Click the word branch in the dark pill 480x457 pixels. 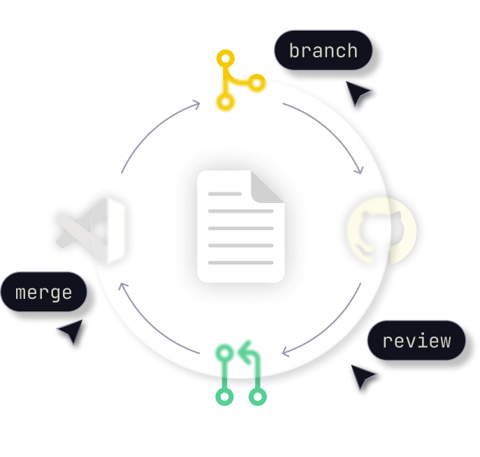point(323,50)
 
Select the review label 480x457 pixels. point(416,340)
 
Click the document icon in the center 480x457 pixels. point(241,226)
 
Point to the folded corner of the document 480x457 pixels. point(267,186)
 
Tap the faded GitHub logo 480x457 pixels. point(381,231)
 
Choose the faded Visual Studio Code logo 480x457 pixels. point(91,231)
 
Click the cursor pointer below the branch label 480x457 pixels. point(357,92)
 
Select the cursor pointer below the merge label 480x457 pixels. point(72,331)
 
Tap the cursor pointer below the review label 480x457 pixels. point(362,376)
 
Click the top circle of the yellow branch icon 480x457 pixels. point(225,58)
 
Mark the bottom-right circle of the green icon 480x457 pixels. point(257,397)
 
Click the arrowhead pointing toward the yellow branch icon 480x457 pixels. point(196,104)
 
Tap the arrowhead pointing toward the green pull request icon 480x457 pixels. point(285,352)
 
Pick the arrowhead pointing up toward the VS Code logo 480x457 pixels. point(122,286)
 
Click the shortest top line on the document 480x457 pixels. point(225,194)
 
